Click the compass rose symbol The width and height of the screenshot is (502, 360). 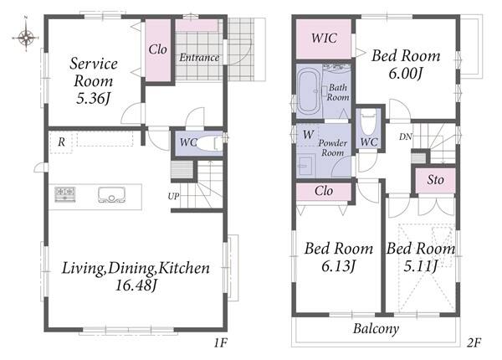click(x=26, y=37)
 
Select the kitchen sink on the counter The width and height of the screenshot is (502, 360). click(x=111, y=195)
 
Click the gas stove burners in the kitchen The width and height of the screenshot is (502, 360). click(x=65, y=194)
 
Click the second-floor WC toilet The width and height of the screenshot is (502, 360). click(x=368, y=123)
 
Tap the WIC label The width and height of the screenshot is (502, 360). click(x=324, y=39)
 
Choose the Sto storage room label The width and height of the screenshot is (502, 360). click(x=435, y=180)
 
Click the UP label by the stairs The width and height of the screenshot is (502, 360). click(x=173, y=196)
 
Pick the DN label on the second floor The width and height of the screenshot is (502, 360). click(x=405, y=136)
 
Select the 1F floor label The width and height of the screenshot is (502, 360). click(x=220, y=343)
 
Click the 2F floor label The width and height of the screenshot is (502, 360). click(x=474, y=343)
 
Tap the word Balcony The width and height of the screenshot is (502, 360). click(x=376, y=329)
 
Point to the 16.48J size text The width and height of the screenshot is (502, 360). click(x=136, y=285)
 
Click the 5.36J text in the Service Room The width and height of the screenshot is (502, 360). click(x=93, y=98)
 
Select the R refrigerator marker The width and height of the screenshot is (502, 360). click(x=61, y=141)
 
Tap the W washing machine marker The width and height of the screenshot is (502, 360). click(x=308, y=135)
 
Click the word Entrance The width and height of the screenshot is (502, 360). click(x=199, y=58)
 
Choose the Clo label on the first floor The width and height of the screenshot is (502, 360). click(x=158, y=49)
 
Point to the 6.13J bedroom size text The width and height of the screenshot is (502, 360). click(x=338, y=266)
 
